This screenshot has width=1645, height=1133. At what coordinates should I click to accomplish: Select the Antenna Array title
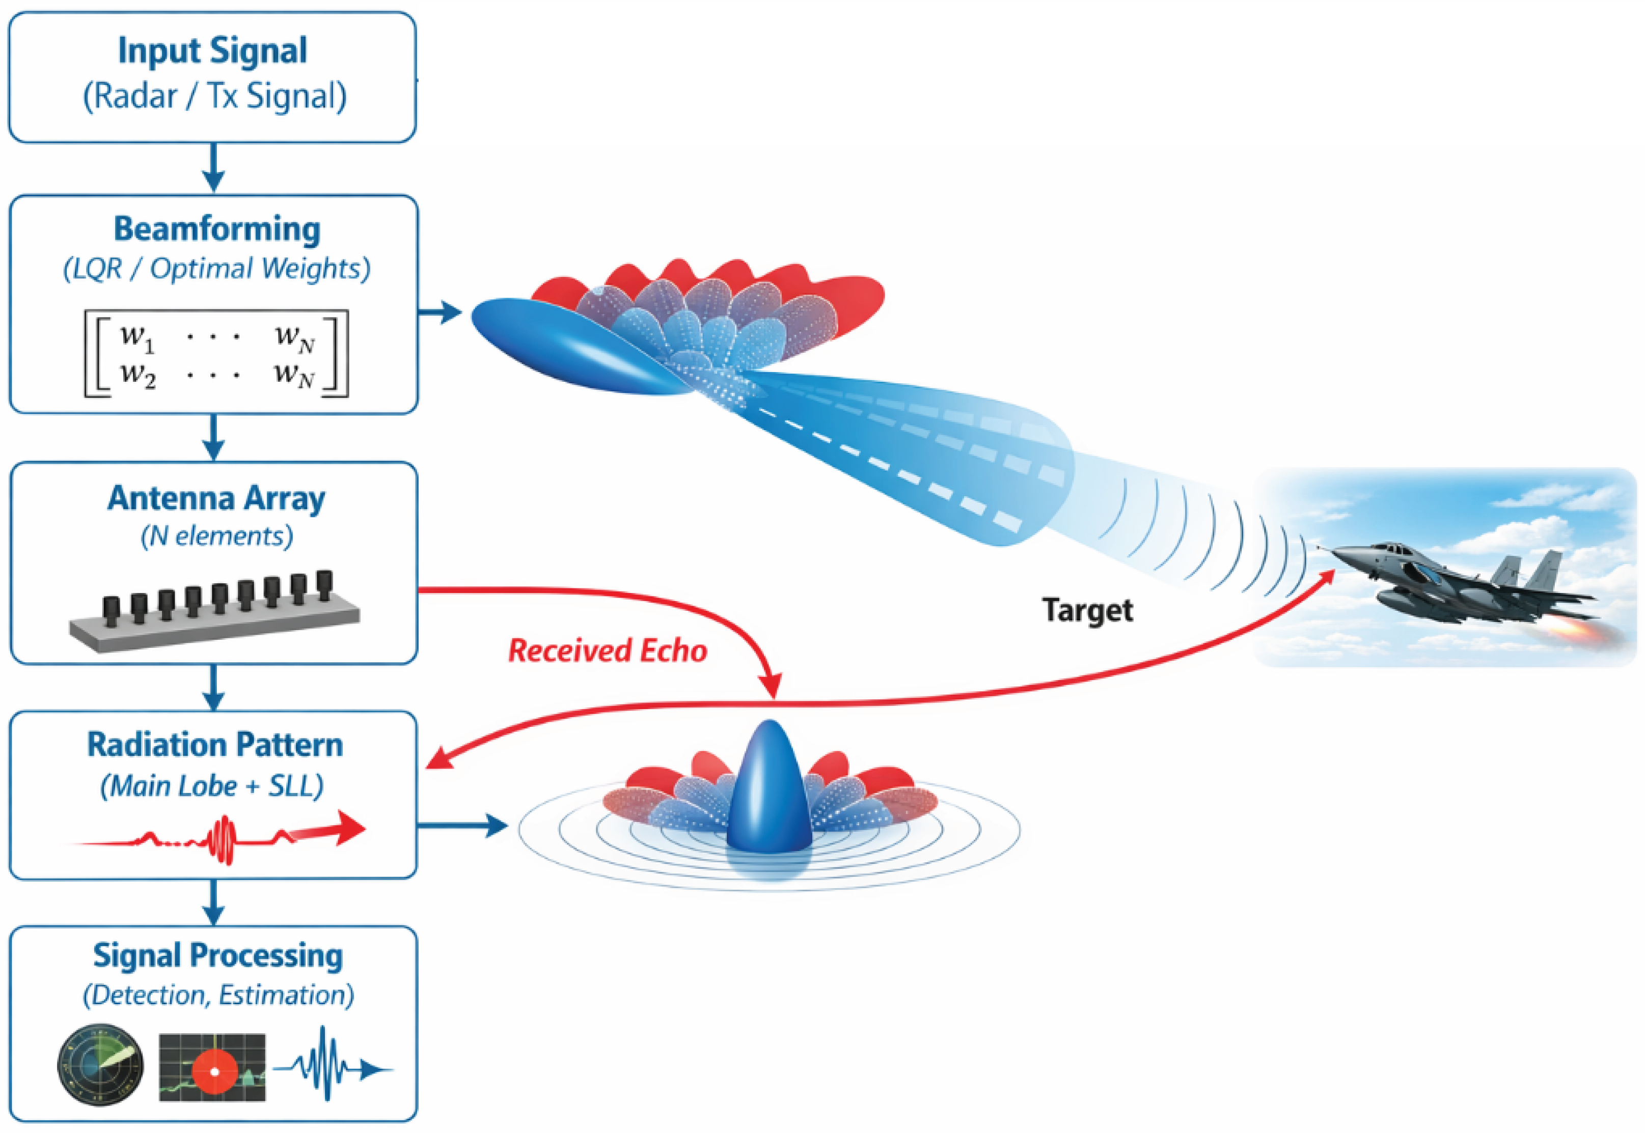point(216,498)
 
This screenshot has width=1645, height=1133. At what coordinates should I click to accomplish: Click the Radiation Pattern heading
point(215,745)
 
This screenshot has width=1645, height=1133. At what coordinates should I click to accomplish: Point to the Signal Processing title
point(217,955)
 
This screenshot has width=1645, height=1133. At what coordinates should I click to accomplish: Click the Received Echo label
point(607,650)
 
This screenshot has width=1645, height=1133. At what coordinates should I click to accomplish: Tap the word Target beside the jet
point(1087,610)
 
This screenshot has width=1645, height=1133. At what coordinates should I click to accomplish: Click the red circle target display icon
point(212,1067)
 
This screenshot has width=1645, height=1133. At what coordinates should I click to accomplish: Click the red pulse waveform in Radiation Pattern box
point(219,838)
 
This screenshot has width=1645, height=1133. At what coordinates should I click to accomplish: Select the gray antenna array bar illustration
point(214,612)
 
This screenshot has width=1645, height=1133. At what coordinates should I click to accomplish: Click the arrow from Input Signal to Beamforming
point(213,167)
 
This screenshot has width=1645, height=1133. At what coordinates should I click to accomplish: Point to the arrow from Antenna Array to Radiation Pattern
point(213,687)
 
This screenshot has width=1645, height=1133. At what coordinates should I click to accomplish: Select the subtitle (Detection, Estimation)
point(218,995)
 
